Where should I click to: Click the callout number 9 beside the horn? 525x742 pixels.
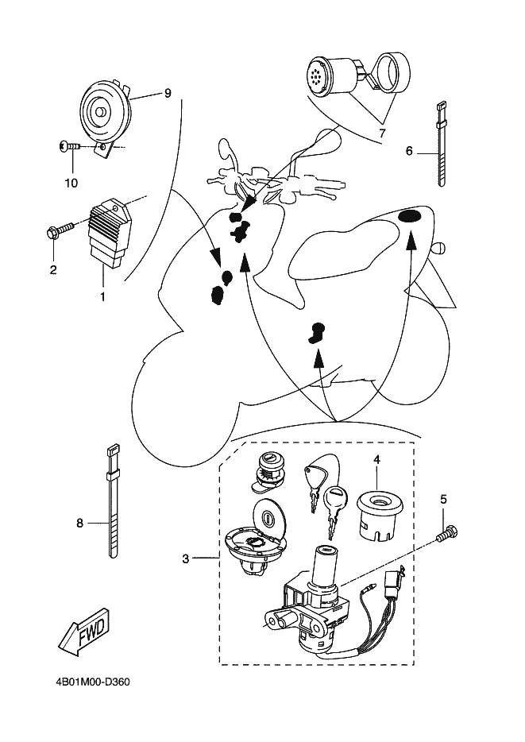[x=168, y=93]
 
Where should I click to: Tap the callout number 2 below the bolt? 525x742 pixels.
[x=53, y=270]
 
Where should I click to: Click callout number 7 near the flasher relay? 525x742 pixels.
[x=381, y=133]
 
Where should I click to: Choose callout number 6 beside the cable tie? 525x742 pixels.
[x=409, y=150]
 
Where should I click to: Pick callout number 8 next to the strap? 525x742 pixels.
[x=79, y=523]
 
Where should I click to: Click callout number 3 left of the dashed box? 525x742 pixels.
[x=185, y=558]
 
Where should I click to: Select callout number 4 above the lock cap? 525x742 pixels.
[x=376, y=459]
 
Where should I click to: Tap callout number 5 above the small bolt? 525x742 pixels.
[x=443, y=499]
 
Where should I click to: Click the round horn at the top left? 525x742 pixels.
[x=103, y=113]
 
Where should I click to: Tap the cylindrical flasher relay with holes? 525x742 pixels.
[x=330, y=75]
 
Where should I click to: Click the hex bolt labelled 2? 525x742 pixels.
[x=59, y=231]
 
